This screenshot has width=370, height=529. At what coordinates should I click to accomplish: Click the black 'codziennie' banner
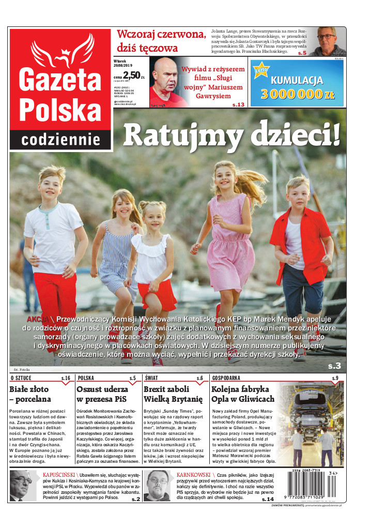(60, 140)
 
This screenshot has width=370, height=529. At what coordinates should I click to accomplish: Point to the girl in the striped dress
(117, 243)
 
